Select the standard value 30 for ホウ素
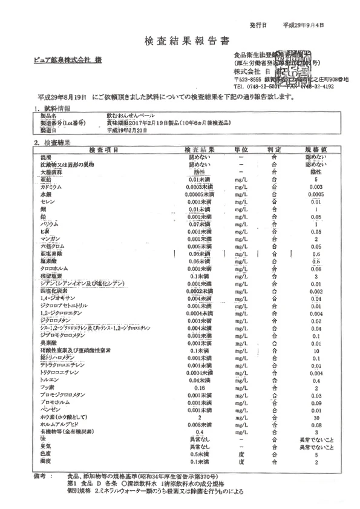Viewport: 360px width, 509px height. pyautogui.click(x=316, y=417)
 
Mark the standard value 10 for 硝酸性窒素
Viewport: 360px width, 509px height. pyautogui.click(x=316, y=350)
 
